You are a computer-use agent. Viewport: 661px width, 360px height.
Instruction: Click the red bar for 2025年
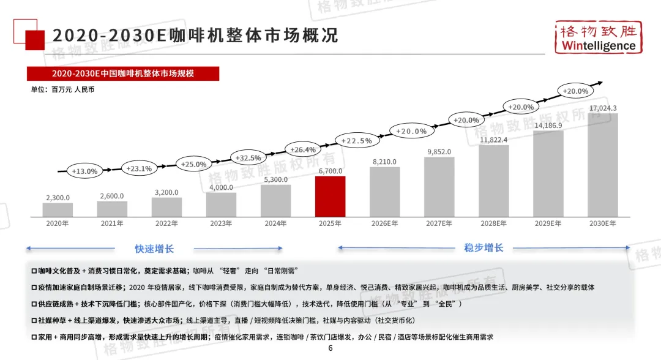pyautogui.click(x=330, y=197)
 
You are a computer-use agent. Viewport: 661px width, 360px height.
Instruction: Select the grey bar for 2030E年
pyautogui.click(x=602, y=165)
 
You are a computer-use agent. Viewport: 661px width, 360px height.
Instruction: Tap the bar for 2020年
pyautogui.click(x=58, y=210)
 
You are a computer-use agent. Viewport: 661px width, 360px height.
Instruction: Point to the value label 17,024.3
pyautogui.click(x=603, y=108)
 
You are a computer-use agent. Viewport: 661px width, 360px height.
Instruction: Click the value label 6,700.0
pyautogui.click(x=330, y=171)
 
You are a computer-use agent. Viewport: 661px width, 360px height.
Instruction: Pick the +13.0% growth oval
pyautogui.click(x=84, y=171)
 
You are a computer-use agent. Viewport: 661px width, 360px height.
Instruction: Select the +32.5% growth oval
pyautogui.click(x=248, y=157)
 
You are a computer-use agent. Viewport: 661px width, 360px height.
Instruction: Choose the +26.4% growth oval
pyautogui.click(x=302, y=149)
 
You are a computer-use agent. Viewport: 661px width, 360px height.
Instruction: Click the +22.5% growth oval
pyautogui.click(x=356, y=141)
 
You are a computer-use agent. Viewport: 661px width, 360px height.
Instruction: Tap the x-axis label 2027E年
pyautogui.click(x=439, y=223)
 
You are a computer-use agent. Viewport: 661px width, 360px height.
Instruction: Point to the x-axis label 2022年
pyautogui.click(x=166, y=223)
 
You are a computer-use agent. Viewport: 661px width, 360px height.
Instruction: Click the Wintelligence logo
pyautogui.click(x=598, y=38)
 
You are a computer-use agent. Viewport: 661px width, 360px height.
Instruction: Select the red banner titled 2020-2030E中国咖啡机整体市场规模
pyautogui.click(x=123, y=74)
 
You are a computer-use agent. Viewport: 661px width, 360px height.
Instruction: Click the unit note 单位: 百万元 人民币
pyautogui.click(x=63, y=89)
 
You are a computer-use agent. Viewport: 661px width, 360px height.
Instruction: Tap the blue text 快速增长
pyautogui.click(x=154, y=249)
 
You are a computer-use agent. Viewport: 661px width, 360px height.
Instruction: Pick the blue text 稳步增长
pyautogui.click(x=484, y=248)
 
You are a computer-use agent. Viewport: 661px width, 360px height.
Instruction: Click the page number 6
pyautogui.click(x=330, y=348)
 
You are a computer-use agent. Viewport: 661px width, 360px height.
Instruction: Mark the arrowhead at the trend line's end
pyautogui.click(x=600, y=84)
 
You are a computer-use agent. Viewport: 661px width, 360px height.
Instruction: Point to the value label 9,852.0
pyautogui.click(x=439, y=152)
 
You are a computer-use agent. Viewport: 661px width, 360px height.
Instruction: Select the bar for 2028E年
pyautogui.click(x=493, y=181)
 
